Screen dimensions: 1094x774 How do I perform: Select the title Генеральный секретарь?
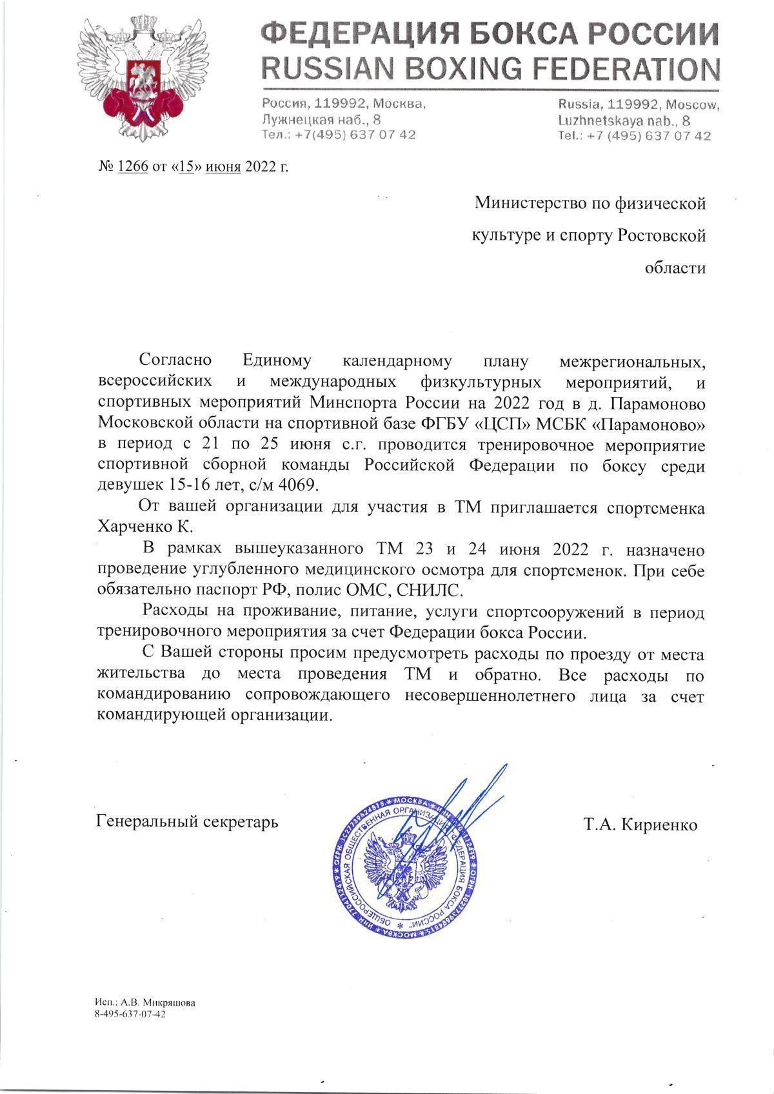(187, 822)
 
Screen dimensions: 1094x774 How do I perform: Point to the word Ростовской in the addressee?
(661, 236)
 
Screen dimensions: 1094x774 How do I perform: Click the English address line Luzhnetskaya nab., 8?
(624, 121)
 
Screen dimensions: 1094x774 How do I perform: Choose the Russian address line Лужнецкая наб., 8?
(321, 119)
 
